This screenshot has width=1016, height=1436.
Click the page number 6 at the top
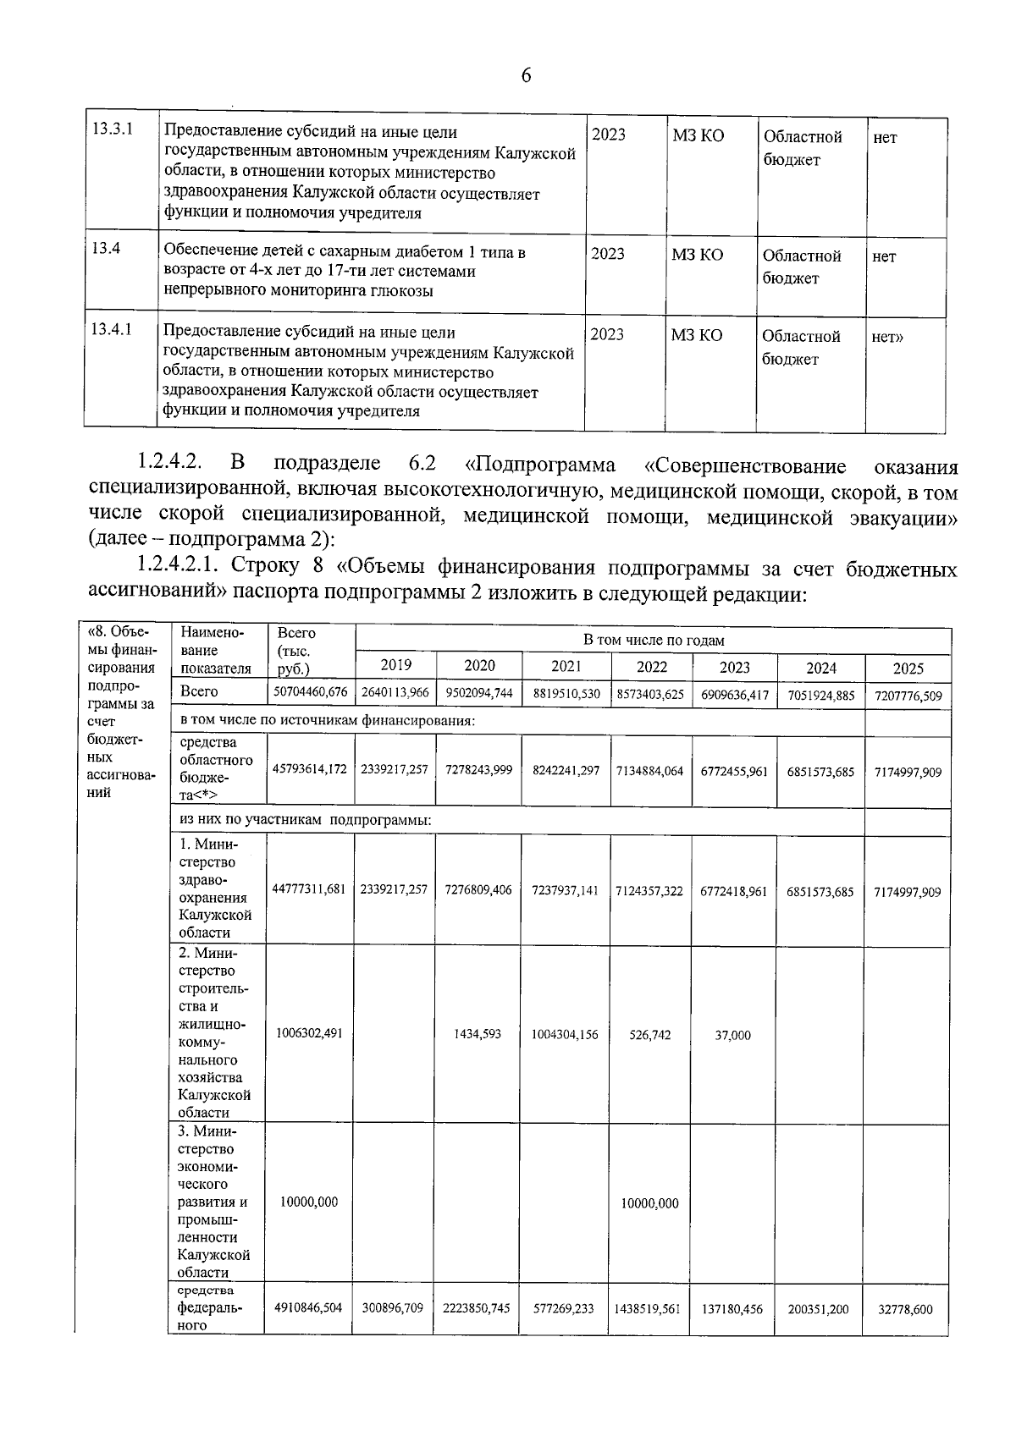coord(526,76)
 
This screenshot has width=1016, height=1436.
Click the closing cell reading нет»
coord(887,337)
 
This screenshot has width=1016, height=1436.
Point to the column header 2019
coord(396,665)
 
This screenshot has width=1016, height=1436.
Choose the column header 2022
coord(652,666)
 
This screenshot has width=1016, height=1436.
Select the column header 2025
coord(908,668)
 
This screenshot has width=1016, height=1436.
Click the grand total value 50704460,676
coord(310,692)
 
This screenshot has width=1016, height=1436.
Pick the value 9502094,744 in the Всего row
coord(479,692)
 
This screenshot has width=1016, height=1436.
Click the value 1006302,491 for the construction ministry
coord(309,1033)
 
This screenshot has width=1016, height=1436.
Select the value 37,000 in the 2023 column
coord(733,1035)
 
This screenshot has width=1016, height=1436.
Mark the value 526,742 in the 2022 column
coord(650,1035)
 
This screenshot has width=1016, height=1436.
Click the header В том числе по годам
coord(653,641)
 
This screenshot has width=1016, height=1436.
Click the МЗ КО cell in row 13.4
coord(698,255)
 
